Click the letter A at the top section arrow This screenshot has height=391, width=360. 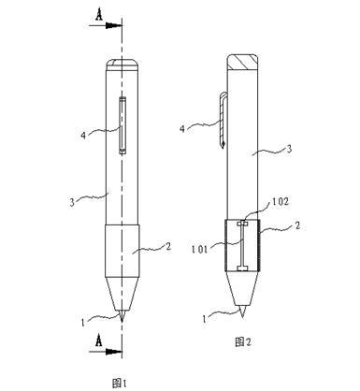click(x=99, y=15)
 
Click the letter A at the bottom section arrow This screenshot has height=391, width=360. click(x=99, y=340)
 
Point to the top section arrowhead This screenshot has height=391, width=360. click(x=113, y=25)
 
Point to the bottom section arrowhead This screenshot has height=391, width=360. click(x=113, y=352)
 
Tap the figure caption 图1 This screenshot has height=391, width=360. click(x=119, y=383)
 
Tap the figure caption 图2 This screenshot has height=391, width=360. click(x=243, y=342)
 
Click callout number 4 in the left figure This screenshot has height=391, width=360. click(x=83, y=136)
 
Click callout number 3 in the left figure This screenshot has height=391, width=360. click(x=72, y=202)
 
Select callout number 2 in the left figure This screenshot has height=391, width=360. click(x=168, y=247)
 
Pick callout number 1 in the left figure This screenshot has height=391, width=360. click(x=83, y=322)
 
